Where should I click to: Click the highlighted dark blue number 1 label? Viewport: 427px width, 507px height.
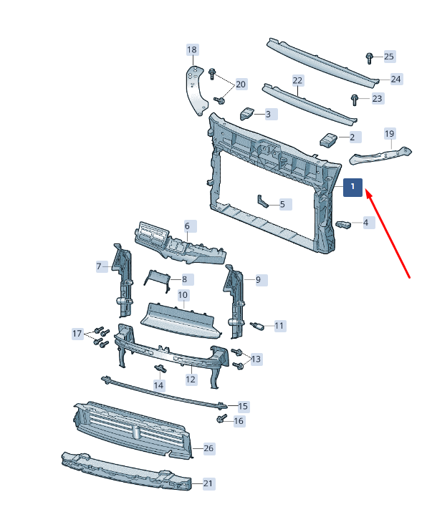pyautogui.click(x=352, y=187)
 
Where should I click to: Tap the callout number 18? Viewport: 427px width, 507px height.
pyautogui.click(x=192, y=50)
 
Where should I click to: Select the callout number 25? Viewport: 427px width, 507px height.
pyautogui.click(x=389, y=57)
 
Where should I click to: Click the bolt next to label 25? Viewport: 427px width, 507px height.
pyautogui.click(x=370, y=58)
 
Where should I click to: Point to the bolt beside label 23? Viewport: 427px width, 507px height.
pyautogui.click(x=355, y=100)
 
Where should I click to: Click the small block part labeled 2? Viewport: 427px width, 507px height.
pyautogui.click(x=329, y=140)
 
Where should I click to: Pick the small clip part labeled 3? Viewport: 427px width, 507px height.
pyautogui.click(x=247, y=113)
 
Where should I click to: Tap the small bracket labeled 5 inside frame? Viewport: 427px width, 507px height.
pyautogui.click(x=262, y=201)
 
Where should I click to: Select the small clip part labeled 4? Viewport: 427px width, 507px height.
pyautogui.click(x=343, y=223)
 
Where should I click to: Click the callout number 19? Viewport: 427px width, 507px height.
pyautogui.click(x=390, y=133)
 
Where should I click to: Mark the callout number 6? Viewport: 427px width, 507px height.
pyautogui.click(x=187, y=226)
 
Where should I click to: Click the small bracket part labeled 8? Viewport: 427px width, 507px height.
pyautogui.click(x=157, y=281)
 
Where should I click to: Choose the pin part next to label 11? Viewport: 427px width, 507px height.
pyautogui.click(x=257, y=326)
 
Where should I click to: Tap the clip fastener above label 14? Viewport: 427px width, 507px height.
pyautogui.click(x=160, y=368)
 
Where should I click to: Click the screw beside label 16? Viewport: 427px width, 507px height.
pyautogui.click(x=221, y=418)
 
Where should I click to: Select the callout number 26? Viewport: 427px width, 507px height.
pyautogui.click(x=208, y=448)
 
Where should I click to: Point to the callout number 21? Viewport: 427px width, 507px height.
pyautogui.click(x=208, y=483)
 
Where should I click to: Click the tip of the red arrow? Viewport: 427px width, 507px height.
pyautogui.click(x=366, y=190)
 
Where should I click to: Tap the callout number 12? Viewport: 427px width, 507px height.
pyautogui.click(x=191, y=379)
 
